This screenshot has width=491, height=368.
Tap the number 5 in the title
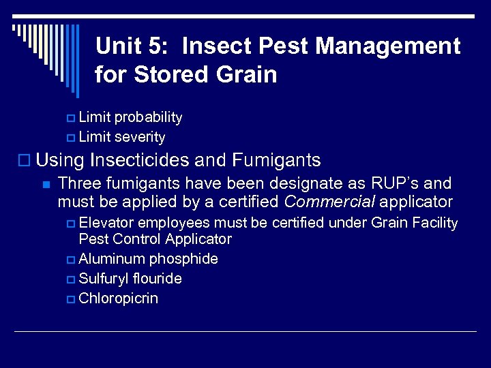[x=158, y=46]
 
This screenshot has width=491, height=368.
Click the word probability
[x=148, y=117]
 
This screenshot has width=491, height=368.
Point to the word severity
[x=140, y=137]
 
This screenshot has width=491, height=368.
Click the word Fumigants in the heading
[x=276, y=161]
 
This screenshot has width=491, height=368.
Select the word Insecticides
[x=139, y=161]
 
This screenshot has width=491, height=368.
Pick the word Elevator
[x=106, y=223]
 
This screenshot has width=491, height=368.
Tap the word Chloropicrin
[x=118, y=298]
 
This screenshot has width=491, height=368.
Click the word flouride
[x=158, y=279]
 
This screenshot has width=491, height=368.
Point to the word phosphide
[x=183, y=259]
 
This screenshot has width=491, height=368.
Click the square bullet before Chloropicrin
[x=72, y=299]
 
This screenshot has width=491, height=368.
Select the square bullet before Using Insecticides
[x=25, y=162]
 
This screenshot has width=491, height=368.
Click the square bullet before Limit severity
[x=72, y=138]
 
